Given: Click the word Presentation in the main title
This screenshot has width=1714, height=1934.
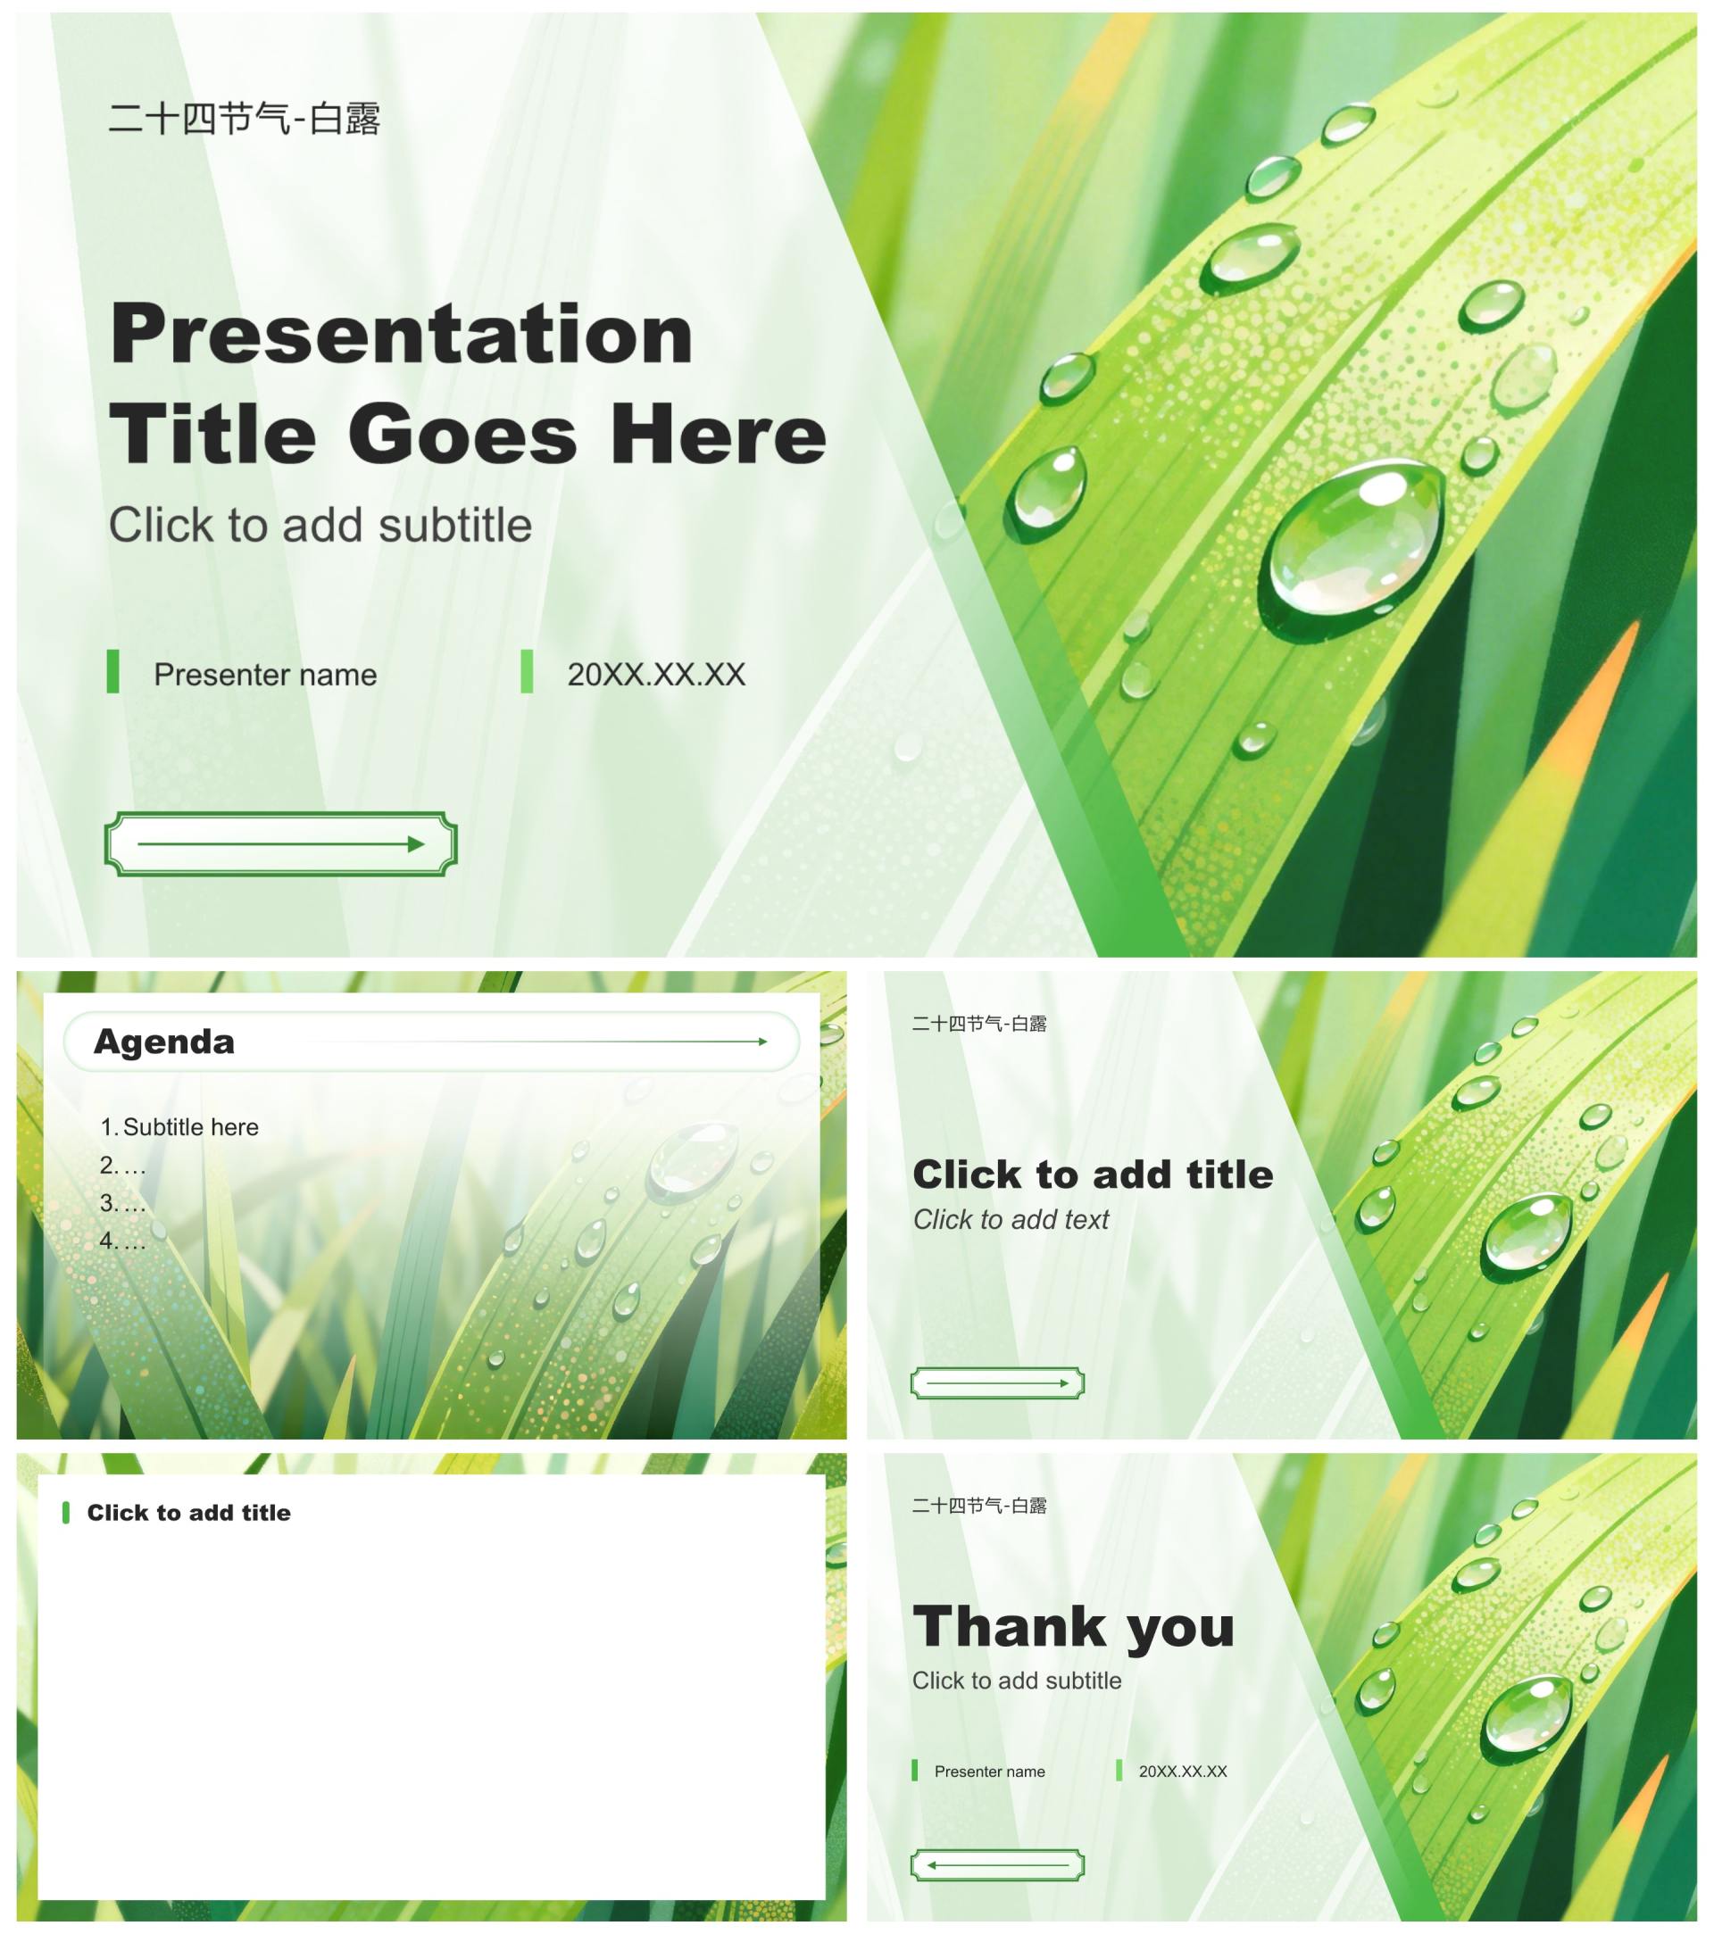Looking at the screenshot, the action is point(402,334).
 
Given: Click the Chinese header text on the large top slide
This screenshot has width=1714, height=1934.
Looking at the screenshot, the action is point(245,120).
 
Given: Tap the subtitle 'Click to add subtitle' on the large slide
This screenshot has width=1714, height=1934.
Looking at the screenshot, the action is point(320,525).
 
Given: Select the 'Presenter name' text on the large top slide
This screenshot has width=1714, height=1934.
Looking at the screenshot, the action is point(265,675).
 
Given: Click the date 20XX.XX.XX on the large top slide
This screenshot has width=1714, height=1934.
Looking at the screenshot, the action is point(656,675).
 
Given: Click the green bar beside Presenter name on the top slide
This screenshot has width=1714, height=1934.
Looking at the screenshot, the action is point(112,672).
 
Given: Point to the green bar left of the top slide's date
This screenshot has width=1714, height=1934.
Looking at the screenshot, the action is point(526,672).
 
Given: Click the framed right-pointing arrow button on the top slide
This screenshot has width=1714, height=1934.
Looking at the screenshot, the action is point(281,844).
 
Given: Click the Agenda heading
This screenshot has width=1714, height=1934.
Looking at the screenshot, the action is point(163,1042).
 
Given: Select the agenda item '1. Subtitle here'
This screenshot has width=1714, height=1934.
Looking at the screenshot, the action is point(179,1127).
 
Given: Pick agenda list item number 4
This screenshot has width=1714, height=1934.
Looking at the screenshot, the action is point(123,1241).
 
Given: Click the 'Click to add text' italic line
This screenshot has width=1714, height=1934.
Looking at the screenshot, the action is point(1011,1220).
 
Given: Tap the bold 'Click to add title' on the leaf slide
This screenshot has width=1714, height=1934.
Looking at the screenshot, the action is point(1094,1175).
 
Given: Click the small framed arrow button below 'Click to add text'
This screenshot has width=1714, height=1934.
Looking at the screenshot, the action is point(997,1383).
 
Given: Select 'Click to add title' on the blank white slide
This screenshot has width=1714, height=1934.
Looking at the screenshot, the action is point(188,1513).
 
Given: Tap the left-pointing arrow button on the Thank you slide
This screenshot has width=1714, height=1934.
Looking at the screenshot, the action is point(997,1866).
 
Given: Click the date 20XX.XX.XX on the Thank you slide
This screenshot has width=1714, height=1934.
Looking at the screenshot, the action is point(1183,1772).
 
